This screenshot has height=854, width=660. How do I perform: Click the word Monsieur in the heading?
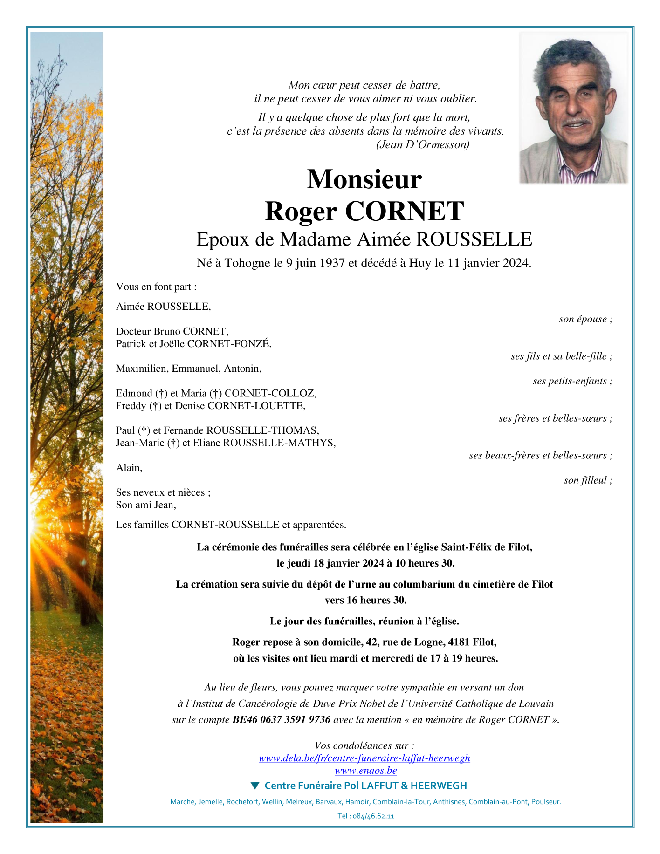pyautogui.click(x=364, y=179)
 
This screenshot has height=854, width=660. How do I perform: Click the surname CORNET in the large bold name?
pyautogui.click(x=404, y=212)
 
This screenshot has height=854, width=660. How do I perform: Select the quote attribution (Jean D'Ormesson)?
pyautogui.click(x=422, y=144)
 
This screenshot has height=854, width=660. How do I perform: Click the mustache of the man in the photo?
pyautogui.click(x=576, y=122)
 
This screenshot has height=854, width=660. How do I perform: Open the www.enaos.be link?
pyautogui.click(x=365, y=770)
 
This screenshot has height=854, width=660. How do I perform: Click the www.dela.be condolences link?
pyautogui.click(x=364, y=758)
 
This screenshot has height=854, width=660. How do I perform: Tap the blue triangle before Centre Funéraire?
pyautogui.click(x=254, y=786)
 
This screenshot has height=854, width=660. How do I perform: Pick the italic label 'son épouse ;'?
pyautogui.click(x=585, y=319)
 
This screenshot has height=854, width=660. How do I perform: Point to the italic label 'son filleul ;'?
pyautogui.click(x=588, y=480)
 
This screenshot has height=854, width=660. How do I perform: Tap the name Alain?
pyautogui.click(x=129, y=468)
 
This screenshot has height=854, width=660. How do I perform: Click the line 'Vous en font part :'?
pyautogui.click(x=156, y=287)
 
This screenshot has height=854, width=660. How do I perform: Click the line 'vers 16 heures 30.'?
pyautogui.click(x=365, y=600)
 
